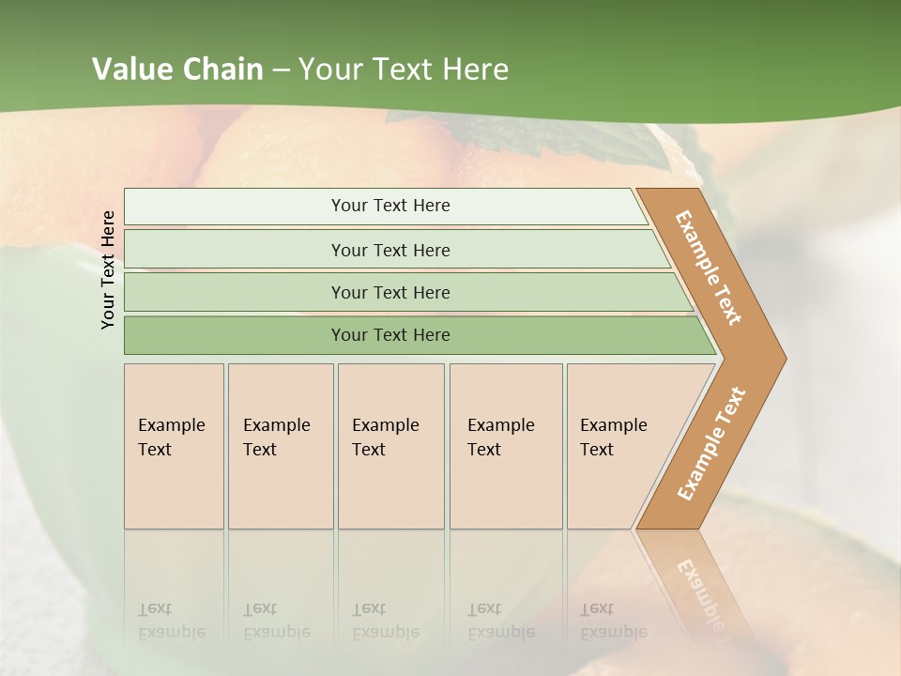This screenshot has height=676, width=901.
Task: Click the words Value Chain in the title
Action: (x=177, y=69)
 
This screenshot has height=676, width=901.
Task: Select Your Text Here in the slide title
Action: (x=404, y=69)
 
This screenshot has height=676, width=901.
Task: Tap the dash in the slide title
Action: (x=281, y=70)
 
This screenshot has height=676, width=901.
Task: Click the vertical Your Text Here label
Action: (x=108, y=269)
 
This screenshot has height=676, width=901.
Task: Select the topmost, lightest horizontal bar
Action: (x=389, y=206)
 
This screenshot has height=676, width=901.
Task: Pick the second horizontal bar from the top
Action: (x=389, y=250)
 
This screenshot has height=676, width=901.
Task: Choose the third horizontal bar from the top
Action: (x=389, y=292)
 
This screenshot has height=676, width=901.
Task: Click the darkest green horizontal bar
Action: (x=389, y=335)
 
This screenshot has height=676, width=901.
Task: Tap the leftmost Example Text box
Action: (x=174, y=446)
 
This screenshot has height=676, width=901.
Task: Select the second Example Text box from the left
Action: (x=280, y=446)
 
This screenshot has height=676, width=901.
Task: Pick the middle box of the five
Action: (x=390, y=446)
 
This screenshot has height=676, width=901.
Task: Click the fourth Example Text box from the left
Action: (x=505, y=446)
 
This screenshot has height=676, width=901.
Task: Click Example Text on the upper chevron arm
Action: (x=709, y=268)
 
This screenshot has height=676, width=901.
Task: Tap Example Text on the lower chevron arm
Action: (x=710, y=444)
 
